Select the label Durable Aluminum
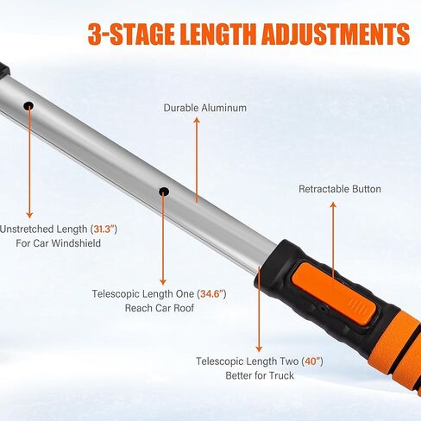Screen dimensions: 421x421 click(x=205, y=108)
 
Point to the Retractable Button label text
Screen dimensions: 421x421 click(x=339, y=189)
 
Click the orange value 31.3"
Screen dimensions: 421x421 click(x=102, y=229)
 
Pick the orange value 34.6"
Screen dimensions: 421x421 click(x=210, y=294)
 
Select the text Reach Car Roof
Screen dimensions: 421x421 click(x=160, y=308)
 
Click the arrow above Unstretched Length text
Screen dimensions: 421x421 click(x=29, y=164)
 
